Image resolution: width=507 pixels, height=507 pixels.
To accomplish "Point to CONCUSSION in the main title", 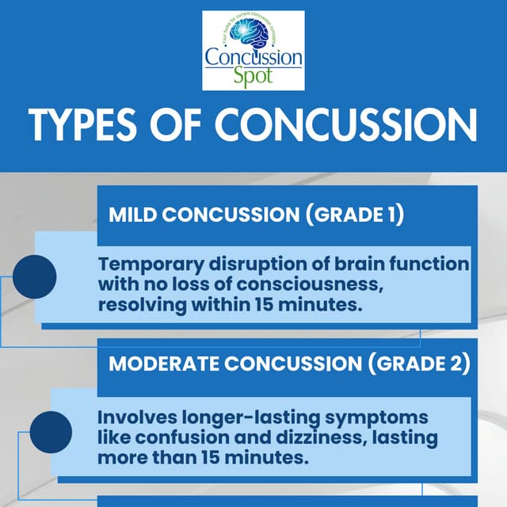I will coord(346,127).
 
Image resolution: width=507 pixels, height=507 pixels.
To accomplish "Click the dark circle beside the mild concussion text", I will coord(34,277).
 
